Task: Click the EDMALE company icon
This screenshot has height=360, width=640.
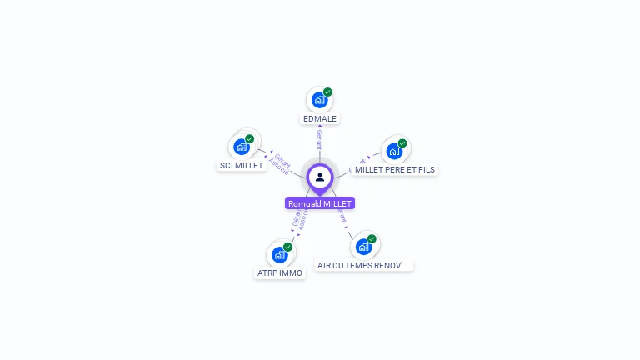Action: [319, 100]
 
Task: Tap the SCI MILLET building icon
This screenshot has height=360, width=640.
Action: [241, 147]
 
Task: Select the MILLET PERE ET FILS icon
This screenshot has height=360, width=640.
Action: [393, 151]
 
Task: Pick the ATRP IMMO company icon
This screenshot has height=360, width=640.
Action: [279, 254]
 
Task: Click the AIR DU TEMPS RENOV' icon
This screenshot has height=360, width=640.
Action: [363, 247]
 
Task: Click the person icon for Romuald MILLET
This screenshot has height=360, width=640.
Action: [320, 177]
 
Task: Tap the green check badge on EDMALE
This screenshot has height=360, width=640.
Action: [327, 92]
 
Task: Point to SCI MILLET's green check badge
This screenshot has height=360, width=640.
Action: [249, 138]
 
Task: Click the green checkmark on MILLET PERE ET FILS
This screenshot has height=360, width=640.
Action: [402, 143]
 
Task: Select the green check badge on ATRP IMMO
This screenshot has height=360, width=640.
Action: [287, 247]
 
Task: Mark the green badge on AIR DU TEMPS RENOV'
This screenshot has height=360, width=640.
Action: [372, 239]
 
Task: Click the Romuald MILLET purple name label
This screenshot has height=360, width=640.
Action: [320, 203]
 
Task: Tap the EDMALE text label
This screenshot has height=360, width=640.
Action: [320, 118]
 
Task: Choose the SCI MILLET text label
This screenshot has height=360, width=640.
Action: [242, 165]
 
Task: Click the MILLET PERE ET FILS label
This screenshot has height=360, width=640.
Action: [394, 169]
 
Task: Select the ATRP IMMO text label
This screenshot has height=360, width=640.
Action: [279, 272]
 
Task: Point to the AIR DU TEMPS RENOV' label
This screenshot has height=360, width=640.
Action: [364, 265]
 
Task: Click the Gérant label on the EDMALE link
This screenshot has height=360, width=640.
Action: [319, 138]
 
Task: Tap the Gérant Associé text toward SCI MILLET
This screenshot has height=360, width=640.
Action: [281, 163]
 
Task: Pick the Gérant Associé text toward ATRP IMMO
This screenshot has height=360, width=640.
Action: [299, 219]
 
